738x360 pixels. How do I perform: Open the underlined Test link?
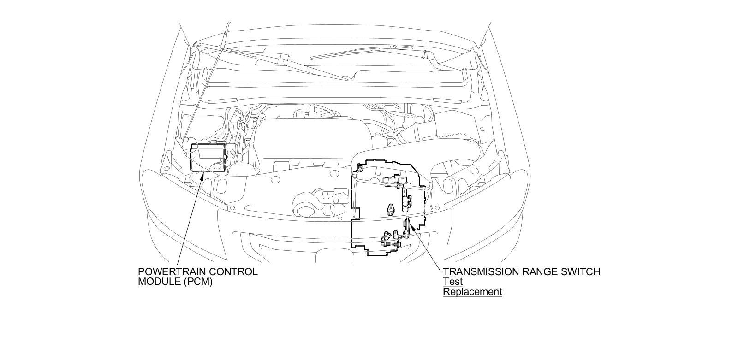click(452, 282)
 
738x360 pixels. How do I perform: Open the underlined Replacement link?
click(472, 292)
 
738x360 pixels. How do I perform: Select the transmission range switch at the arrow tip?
click(407, 224)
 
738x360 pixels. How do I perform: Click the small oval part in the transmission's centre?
click(392, 209)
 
